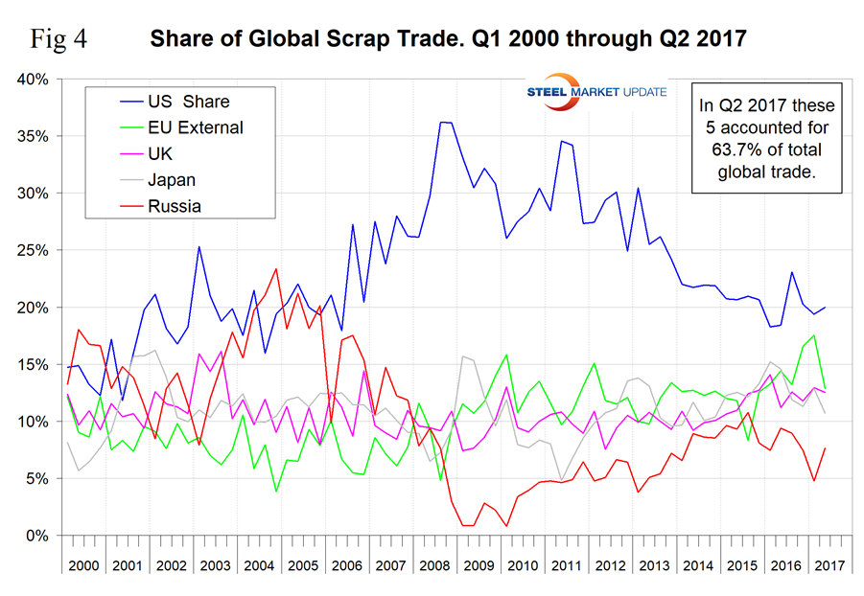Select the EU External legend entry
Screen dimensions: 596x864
(196, 126)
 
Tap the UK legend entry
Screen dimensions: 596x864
(161, 152)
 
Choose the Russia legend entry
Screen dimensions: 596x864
(174, 204)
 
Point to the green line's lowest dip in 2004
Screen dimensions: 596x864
(276, 492)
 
